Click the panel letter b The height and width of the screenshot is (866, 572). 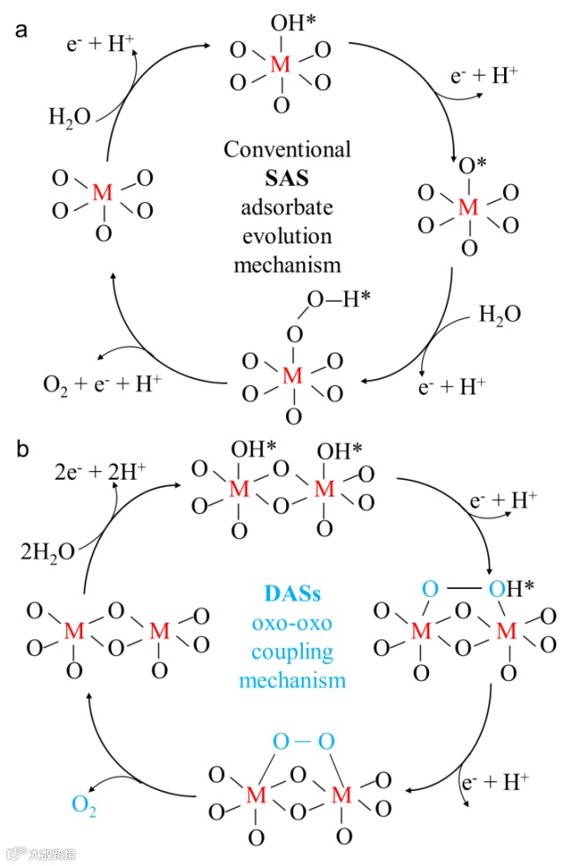[22, 448]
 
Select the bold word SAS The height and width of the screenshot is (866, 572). [287, 178]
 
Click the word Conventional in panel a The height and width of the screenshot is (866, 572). [287, 150]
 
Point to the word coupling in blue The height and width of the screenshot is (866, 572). [286, 653]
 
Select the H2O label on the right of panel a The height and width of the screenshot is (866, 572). [500, 315]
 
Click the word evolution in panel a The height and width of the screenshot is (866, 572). [287, 235]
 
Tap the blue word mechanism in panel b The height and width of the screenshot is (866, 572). [286, 681]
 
